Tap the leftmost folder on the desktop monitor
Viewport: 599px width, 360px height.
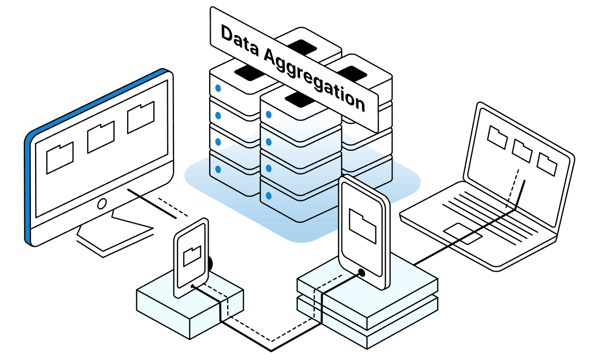click(60, 158)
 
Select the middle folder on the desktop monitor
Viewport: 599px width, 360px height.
click(101, 137)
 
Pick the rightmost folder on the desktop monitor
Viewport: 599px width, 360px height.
click(141, 118)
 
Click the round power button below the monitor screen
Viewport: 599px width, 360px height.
click(102, 203)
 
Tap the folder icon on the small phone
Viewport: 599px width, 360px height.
click(192, 256)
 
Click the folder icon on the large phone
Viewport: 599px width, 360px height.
click(362, 225)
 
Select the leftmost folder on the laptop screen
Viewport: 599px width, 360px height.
click(497, 136)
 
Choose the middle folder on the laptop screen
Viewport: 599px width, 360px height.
click(523, 150)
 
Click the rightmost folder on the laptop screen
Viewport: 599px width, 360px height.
click(547, 163)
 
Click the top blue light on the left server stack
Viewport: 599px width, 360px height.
click(218, 88)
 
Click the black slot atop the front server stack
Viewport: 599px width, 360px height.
click(300, 97)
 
